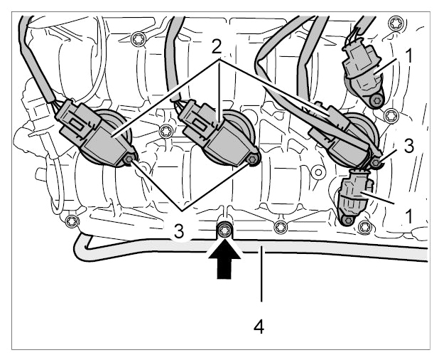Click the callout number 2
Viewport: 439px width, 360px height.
point(217,48)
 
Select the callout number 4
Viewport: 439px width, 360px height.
point(259,327)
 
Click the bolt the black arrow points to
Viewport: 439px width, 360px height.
point(224,231)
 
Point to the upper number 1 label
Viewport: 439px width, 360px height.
point(408,55)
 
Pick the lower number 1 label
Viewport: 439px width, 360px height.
point(408,217)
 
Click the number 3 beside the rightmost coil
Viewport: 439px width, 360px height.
point(408,146)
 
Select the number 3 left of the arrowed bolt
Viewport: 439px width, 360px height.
point(178,232)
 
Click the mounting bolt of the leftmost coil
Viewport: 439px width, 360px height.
point(129,159)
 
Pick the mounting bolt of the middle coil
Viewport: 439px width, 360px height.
point(252,159)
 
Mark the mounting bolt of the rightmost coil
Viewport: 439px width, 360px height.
point(375,162)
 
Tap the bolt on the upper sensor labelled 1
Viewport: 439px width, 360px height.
point(376,100)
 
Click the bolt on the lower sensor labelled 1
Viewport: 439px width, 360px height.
point(347,221)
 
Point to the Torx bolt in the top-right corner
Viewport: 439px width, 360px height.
point(396,23)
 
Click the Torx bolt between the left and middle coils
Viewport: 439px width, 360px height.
point(166,131)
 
